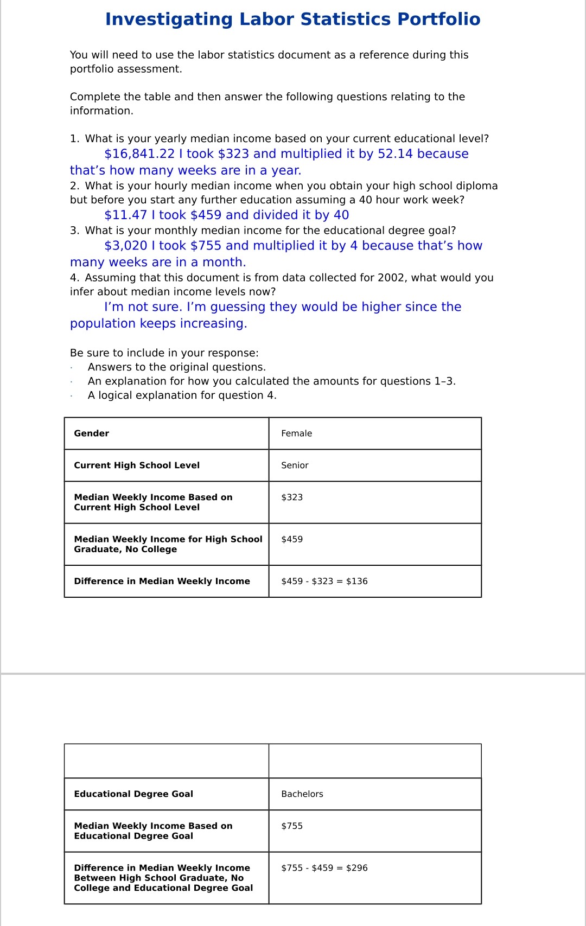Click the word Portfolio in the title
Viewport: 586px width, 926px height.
point(438,20)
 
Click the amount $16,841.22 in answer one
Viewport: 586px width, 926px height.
point(139,154)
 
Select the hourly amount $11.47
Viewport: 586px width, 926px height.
point(125,215)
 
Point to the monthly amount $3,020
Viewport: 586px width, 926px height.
point(125,246)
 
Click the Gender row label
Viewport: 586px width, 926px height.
point(91,433)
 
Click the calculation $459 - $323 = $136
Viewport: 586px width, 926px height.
point(324,582)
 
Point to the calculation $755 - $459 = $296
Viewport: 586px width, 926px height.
point(324,868)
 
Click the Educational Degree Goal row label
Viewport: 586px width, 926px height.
point(133,794)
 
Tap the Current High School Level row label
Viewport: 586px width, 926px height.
point(137,465)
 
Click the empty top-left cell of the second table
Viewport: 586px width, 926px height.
point(167,761)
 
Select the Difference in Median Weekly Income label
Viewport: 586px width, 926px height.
point(162,582)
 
